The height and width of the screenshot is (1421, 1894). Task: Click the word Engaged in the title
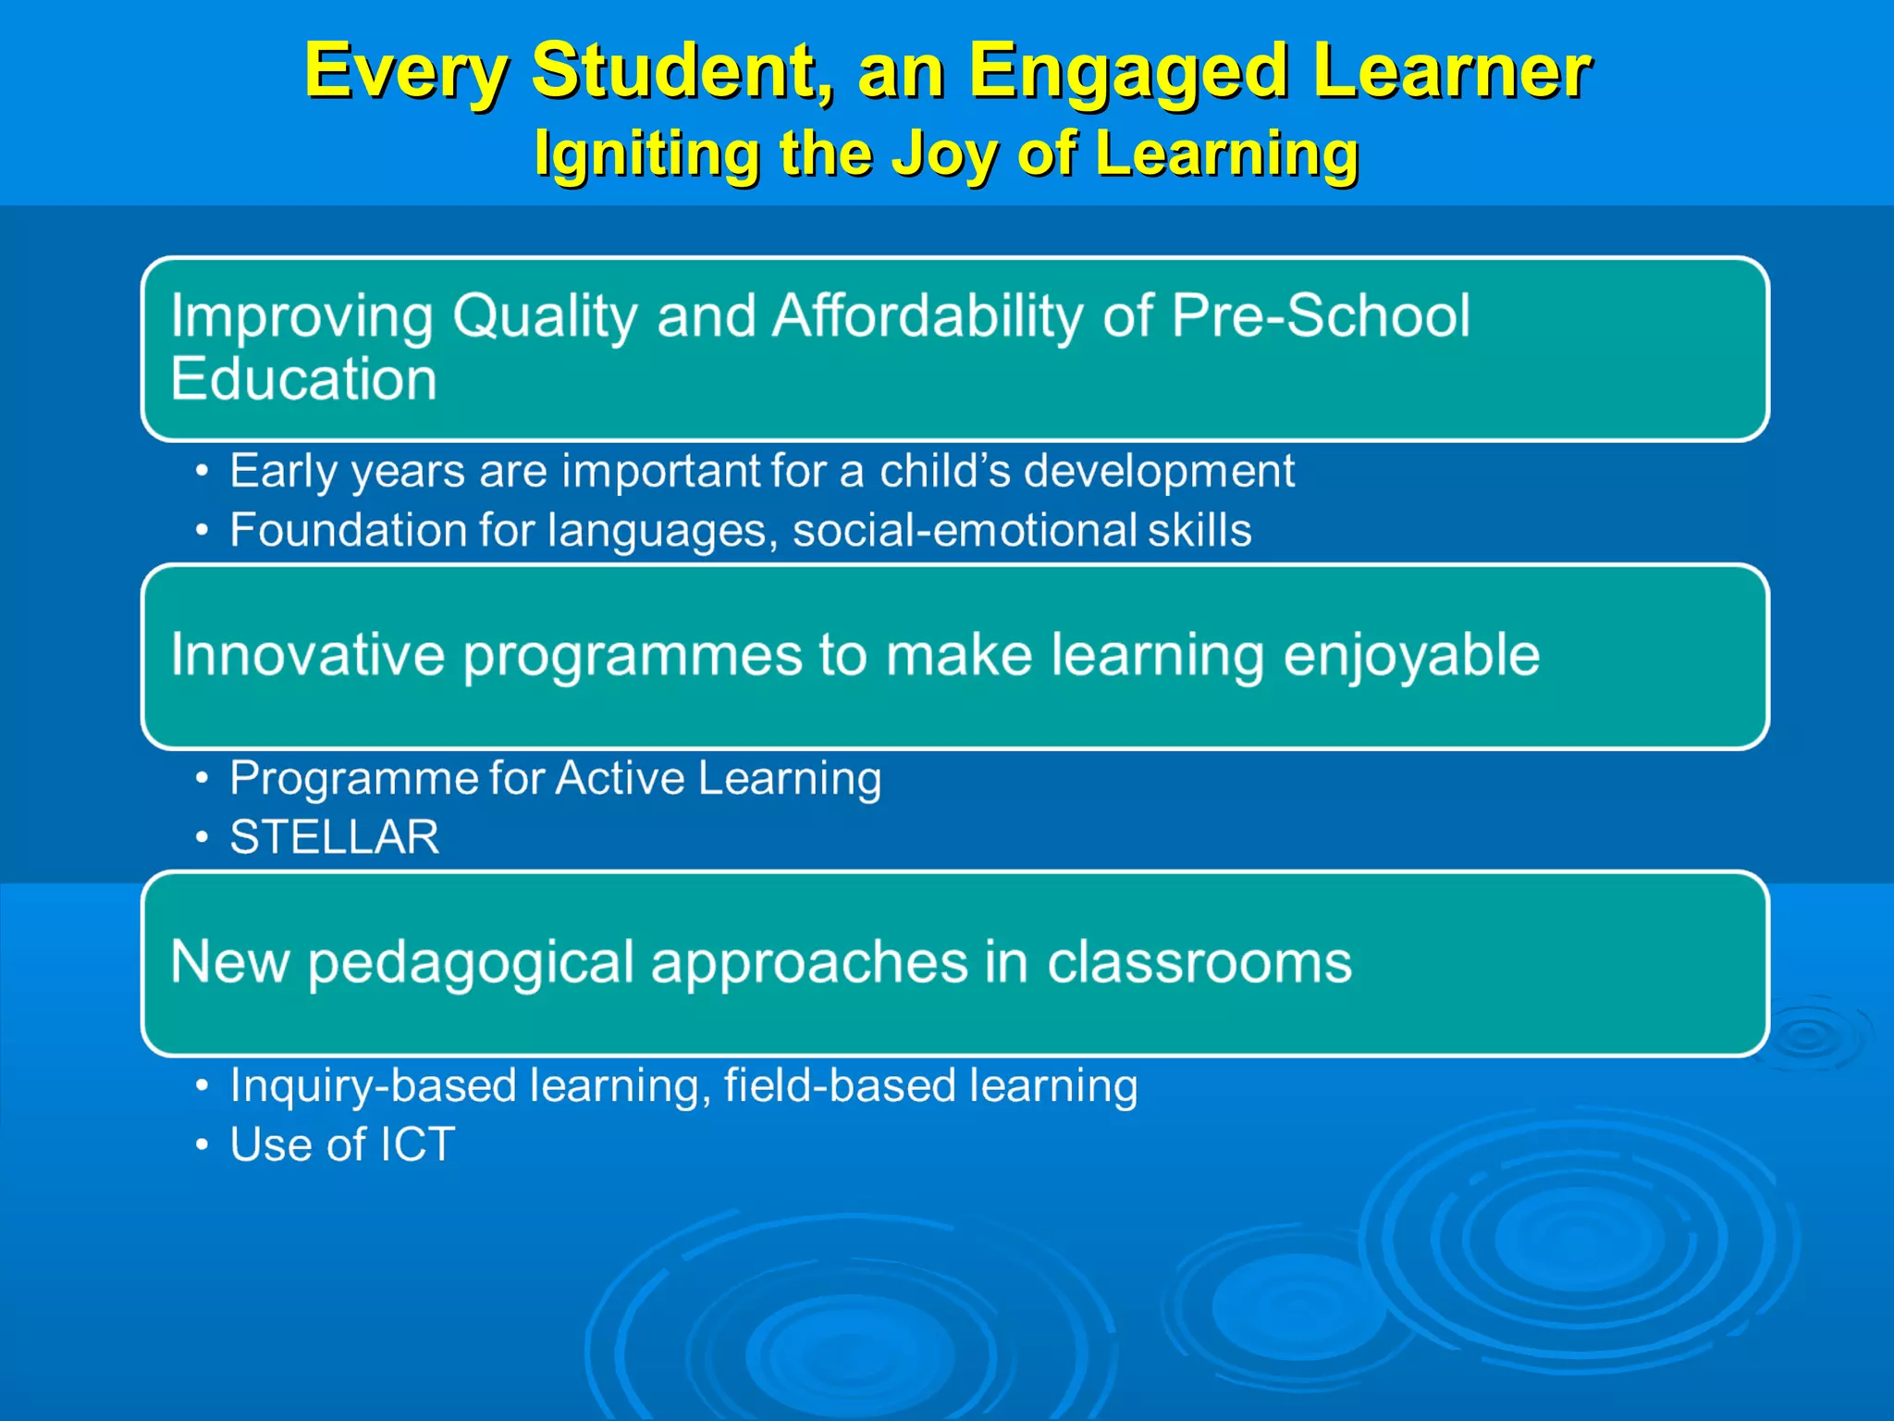tap(1128, 72)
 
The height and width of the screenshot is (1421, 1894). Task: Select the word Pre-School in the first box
tap(1320, 316)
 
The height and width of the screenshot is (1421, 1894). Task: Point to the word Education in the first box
tap(303, 379)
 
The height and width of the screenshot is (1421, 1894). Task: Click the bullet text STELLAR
tap(335, 837)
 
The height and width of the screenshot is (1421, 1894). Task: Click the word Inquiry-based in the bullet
tap(373, 1086)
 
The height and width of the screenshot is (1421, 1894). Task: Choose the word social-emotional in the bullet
tap(964, 531)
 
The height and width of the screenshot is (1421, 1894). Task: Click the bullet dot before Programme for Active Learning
tap(202, 778)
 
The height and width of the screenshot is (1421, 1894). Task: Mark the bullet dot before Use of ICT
tap(202, 1145)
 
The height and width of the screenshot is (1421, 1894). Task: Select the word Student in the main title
tap(683, 72)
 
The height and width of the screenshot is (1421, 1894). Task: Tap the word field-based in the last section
tap(839, 1086)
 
